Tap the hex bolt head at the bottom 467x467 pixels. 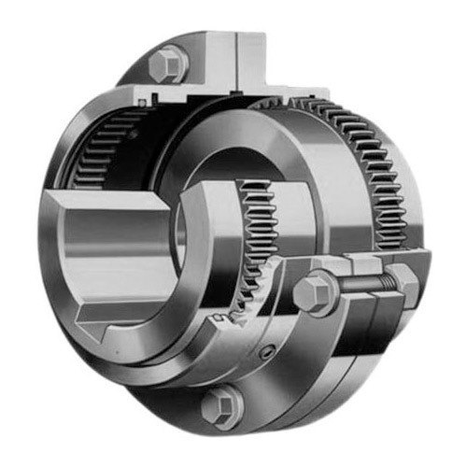219,404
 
